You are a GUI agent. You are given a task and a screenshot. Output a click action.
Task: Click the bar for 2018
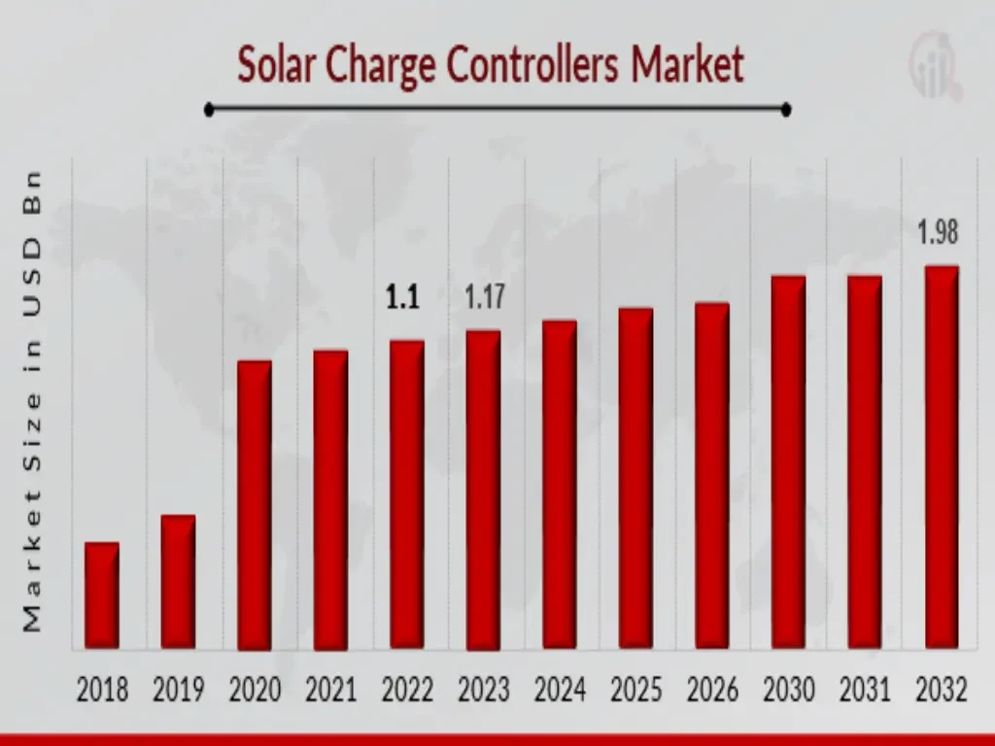tap(102, 594)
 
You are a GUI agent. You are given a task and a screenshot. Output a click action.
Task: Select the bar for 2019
tap(178, 581)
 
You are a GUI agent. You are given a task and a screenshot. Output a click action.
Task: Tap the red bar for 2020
tap(255, 504)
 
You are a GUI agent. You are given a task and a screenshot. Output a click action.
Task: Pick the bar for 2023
tap(483, 490)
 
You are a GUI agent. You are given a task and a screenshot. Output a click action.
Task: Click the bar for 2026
tap(711, 475)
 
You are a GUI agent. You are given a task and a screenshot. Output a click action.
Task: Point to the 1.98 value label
tap(939, 233)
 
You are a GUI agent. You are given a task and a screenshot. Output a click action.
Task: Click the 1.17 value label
tap(484, 297)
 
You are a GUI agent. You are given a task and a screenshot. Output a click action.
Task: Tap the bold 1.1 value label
tap(402, 298)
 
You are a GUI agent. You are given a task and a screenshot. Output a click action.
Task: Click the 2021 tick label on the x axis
tap(331, 690)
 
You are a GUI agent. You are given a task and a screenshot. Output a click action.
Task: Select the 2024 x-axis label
tap(560, 690)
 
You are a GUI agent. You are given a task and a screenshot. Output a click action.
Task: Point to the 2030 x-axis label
tap(788, 690)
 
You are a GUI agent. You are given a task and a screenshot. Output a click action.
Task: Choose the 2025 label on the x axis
tap(635, 690)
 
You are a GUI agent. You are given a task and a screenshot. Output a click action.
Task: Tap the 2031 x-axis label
tap(865, 690)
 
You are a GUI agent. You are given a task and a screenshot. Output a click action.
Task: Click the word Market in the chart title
tap(688, 65)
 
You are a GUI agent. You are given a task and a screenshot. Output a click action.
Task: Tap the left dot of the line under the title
tap(209, 110)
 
